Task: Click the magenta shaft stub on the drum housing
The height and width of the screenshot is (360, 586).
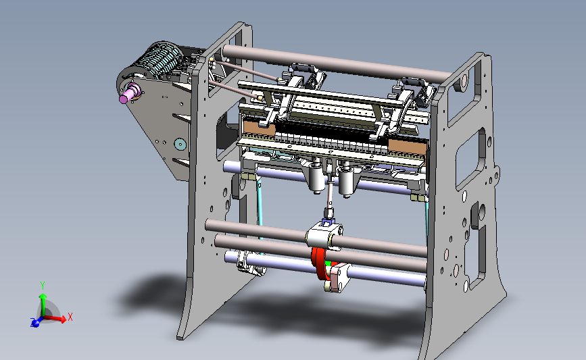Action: click(129, 93)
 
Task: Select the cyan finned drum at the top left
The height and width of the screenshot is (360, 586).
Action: click(160, 59)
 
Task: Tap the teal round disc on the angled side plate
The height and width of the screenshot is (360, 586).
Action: click(180, 144)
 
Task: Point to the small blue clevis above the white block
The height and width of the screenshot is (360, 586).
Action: click(326, 223)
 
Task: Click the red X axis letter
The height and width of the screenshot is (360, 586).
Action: click(70, 317)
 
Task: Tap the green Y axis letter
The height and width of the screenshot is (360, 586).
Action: click(43, 286)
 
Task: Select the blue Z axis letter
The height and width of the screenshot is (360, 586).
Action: click(33, 322)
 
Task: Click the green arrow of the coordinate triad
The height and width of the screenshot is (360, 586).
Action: click(43, 305)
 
